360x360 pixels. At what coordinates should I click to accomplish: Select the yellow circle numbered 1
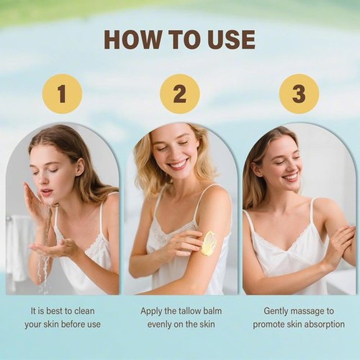(62, 94)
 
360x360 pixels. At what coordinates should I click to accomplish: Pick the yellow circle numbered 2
(180, 94)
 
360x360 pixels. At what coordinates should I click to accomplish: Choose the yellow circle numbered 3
(299, 94)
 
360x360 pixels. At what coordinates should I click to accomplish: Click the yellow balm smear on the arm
(208, 243)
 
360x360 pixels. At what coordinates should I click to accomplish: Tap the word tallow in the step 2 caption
(184, 311)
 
